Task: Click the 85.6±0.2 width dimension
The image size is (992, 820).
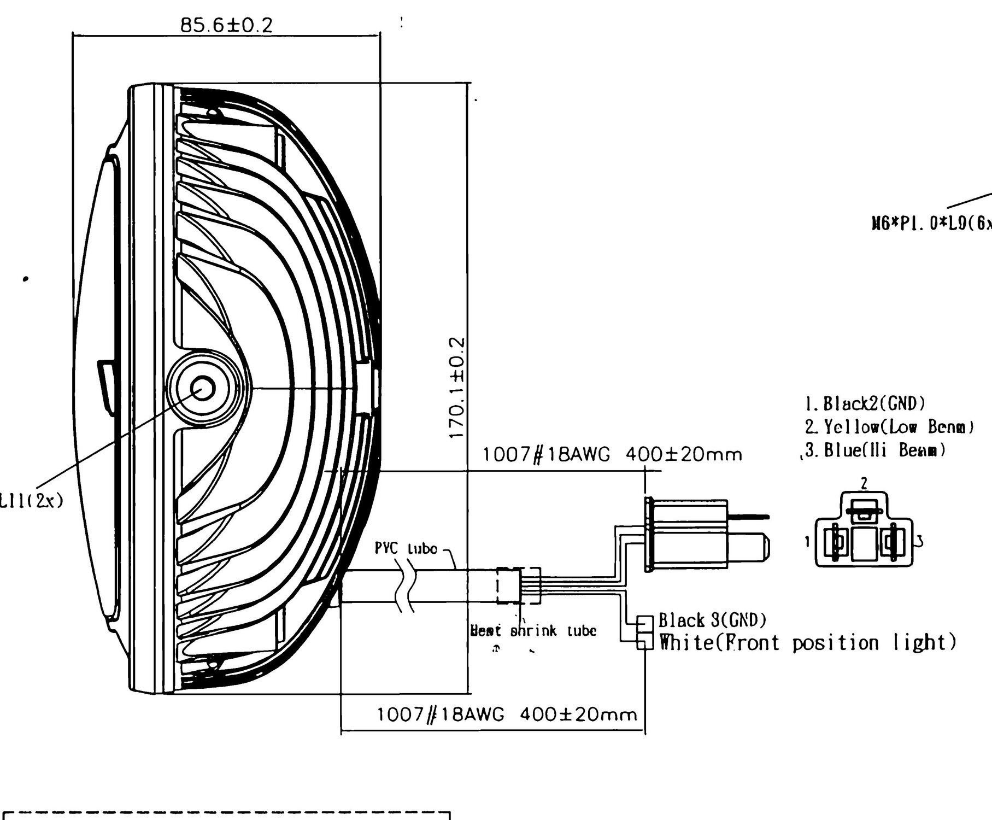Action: [226, 25]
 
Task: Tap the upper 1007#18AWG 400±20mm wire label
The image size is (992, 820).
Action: [612, 454]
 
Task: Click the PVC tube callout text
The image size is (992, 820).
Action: [406, 548]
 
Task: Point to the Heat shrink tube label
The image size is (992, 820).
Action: [533, 631]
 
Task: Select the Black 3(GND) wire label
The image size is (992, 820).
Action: [712, 620]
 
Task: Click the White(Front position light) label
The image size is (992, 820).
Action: [808, 642]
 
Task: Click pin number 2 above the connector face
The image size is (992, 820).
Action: [864, 483]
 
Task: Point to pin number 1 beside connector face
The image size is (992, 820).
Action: [807, 542]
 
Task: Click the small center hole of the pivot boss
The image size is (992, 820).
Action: [203, 389]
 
